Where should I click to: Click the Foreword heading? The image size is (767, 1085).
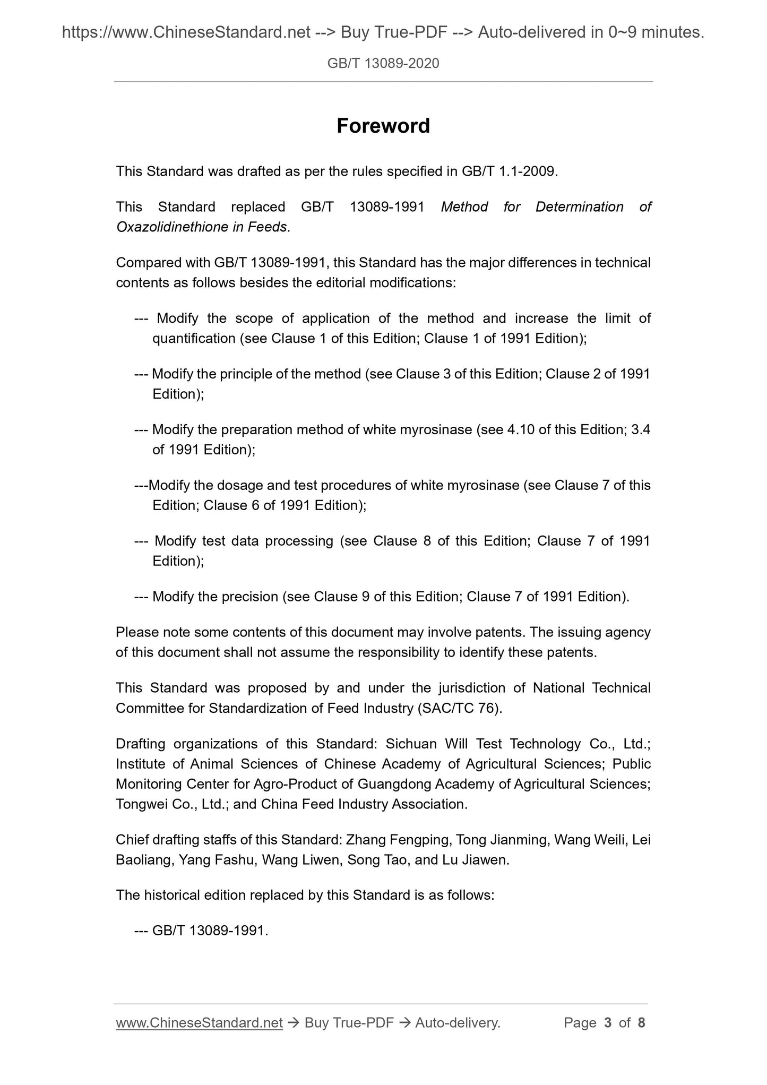383,126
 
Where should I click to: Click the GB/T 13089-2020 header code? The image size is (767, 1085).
383,64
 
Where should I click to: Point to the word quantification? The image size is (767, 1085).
194,338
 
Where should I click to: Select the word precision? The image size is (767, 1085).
247,597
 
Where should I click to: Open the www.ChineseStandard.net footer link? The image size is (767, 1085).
199,1023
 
